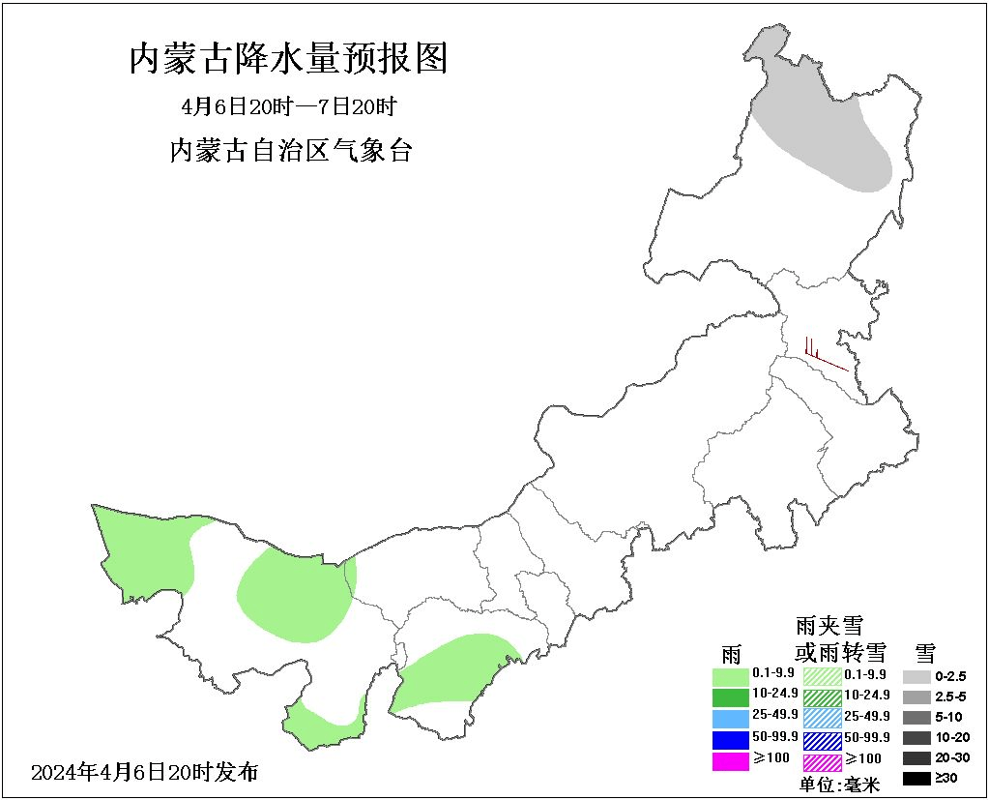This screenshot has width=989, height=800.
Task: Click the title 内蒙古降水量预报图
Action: tap(289, 60)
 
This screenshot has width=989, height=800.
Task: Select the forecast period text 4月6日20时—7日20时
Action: tap(289, 105)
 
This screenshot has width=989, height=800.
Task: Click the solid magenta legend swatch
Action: tap(730, 761)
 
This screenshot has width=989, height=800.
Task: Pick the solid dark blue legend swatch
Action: tap(730, 740)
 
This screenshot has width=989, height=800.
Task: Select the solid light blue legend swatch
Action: tap(730, 718)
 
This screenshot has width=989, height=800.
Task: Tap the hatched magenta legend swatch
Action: tap(823, 761)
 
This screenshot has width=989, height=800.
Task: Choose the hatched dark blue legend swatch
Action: tap(823, 740)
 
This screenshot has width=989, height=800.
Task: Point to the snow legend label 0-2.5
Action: tap(950, 676)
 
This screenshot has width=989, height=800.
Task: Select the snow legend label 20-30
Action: tap(950, 757)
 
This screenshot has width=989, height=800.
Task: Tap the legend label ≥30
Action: tap(947, 778)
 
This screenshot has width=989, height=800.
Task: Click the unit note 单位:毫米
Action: tap(839, 785)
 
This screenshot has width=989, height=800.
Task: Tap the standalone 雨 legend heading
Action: tap(731, 653)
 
